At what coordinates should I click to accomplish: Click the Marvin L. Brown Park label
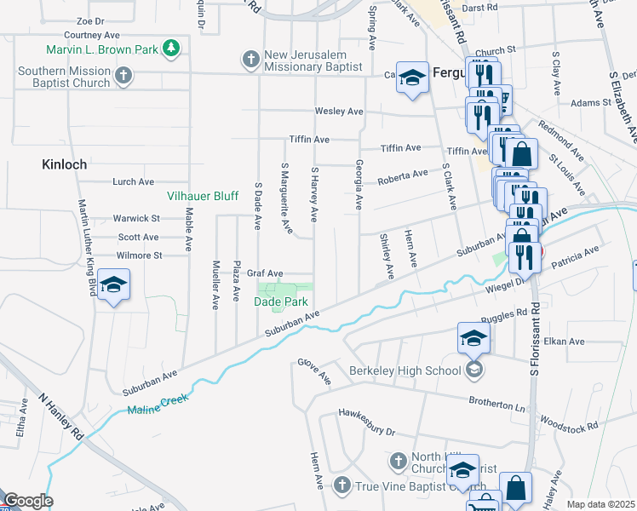111,49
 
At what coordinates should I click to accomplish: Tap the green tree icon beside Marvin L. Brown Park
172,48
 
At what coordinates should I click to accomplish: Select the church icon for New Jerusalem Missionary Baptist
250,59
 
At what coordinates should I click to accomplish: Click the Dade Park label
280,301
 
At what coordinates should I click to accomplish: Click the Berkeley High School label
405,370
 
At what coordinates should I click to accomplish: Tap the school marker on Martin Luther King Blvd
113,286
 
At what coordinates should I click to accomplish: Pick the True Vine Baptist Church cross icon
341,485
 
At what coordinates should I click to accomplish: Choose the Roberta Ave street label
403,175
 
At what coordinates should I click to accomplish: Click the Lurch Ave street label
133,181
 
